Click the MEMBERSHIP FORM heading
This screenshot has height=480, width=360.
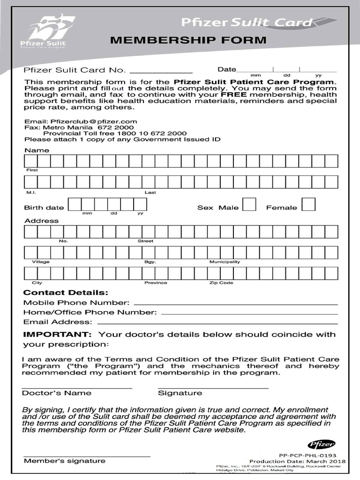(x=188, y=40)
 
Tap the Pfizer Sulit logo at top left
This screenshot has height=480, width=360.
(x=46, y=32)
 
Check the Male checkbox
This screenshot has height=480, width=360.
(x=249, y=205)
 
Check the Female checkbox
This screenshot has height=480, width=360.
(x=308, y=205)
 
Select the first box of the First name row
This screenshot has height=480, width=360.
(x=30, y=161)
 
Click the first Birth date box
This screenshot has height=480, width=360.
(x=75, y=204)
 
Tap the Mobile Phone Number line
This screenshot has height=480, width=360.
(x=235, y=303)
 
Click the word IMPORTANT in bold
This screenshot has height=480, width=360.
(x=57, y=335)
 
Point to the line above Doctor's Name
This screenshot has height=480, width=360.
(x=77, y=388)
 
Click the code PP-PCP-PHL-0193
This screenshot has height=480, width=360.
(x=307, y=455)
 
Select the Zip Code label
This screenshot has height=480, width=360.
(x=221, y=283)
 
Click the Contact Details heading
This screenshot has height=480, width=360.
(x=66, y=292)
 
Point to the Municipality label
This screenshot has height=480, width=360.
(x=225, y=262)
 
